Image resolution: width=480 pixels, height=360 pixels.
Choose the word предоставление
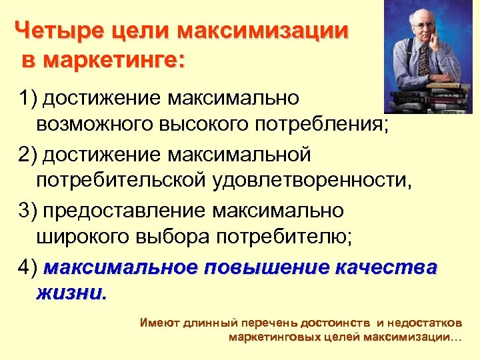coord(125,211)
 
